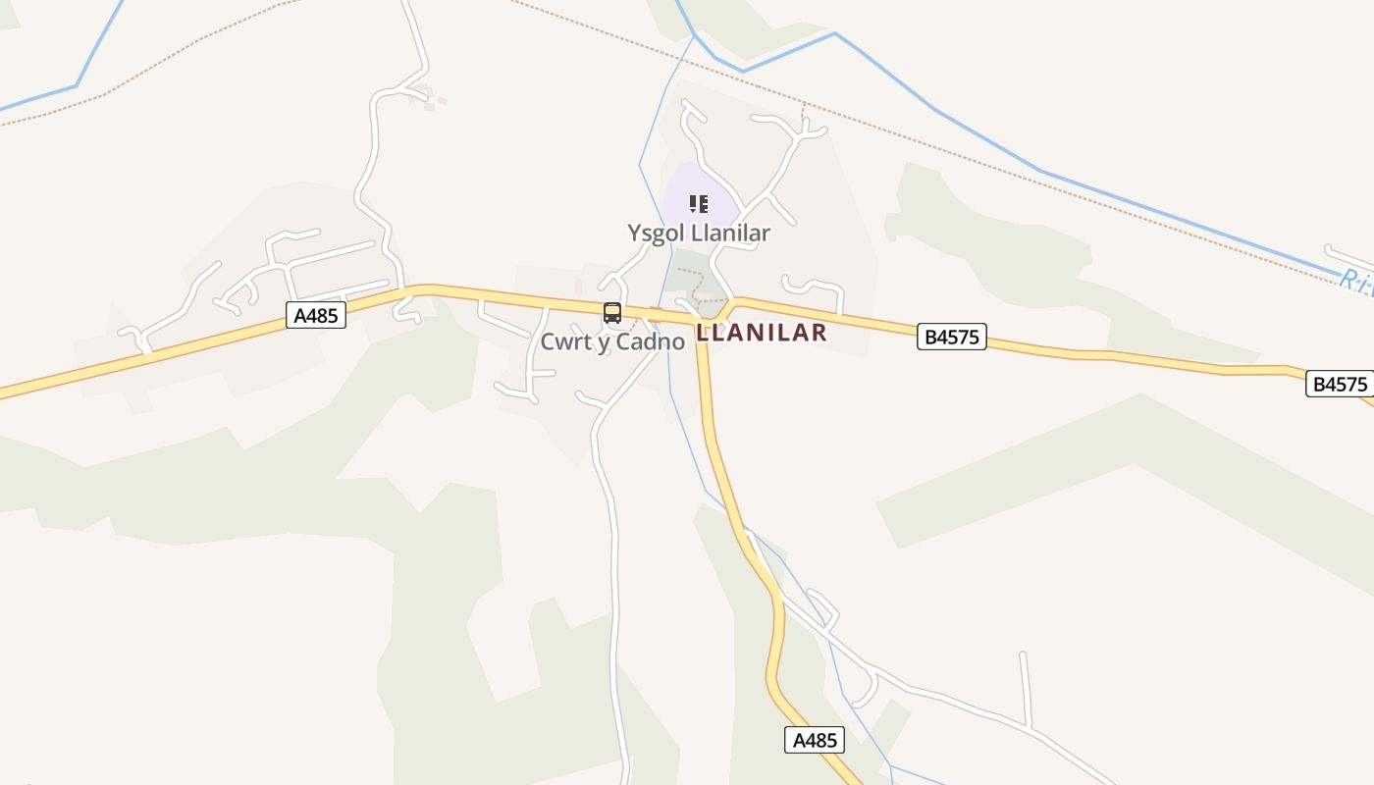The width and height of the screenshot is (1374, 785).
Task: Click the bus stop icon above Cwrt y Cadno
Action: (x=612, y=313)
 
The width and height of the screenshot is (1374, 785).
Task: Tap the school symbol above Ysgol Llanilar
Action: (x=699, y=204)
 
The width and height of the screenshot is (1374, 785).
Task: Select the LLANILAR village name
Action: (x=762, y=333)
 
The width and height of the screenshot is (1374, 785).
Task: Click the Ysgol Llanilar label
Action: (x=699, y=234)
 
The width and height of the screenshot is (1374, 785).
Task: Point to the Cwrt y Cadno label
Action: (x=612, y=342)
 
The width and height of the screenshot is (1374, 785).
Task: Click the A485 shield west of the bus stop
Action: (x=316, y=315)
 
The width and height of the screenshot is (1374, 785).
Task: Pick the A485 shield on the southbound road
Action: (x=815, y=740)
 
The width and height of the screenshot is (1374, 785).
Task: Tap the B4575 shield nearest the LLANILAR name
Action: (x=952, y=337)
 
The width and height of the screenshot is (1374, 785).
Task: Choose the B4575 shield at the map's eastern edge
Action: (x=1340, y=384)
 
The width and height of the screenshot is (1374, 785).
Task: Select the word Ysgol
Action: (x=657, y=234)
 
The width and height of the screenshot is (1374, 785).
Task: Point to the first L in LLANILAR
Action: (x=702, y=333)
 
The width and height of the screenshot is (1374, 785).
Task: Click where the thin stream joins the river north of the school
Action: (x=695, y=38)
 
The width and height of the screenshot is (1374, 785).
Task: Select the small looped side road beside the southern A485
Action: (x=822, y=608)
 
